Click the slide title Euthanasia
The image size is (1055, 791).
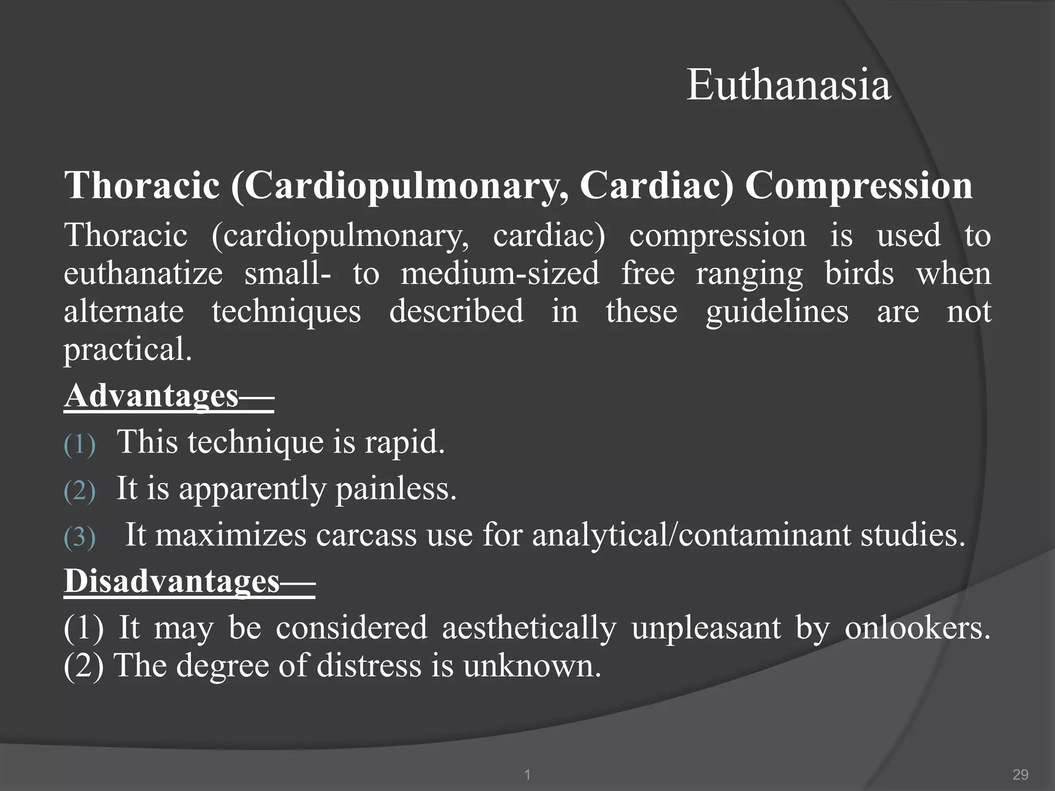pos(789,85)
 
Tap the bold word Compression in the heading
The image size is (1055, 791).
pos(859,185)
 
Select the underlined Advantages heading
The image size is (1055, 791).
pos(168,396)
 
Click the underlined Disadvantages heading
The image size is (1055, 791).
pos(189,581)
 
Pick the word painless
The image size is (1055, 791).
pos(396,489)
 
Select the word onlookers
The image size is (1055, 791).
pos(917,628)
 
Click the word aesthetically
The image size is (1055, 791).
pos(529,628)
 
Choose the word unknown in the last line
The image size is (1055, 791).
pos(532,666)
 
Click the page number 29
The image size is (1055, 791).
pos(1020,775)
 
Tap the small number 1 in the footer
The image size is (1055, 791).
pos(527,775)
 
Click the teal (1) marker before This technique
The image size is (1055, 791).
pos(80,444)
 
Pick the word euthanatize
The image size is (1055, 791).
pos(143,274)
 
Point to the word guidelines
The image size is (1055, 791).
pos(777,312)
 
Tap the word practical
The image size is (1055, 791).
pos(127,350)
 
